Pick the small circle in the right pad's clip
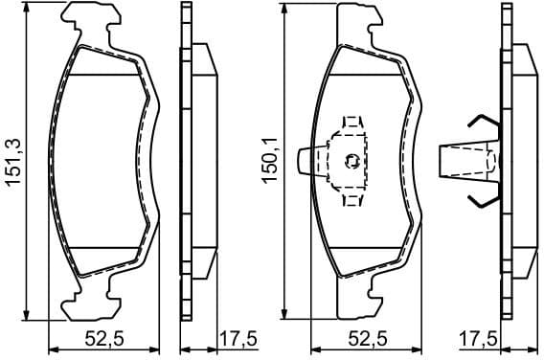(353, 160)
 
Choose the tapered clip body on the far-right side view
(469, 160)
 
